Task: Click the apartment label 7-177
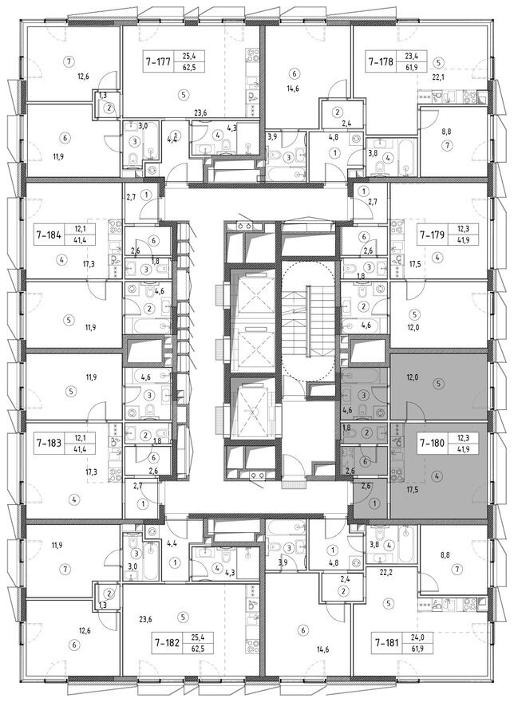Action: [159, 61]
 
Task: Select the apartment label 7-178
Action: [381, 61]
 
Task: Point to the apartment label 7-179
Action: [432, 234]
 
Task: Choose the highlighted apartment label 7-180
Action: [432, 444]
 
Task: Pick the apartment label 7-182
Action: [168, 643]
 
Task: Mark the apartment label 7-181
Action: [388, 643]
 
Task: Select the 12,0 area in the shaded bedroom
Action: [413, 377]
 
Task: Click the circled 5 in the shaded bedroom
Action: [439, 383]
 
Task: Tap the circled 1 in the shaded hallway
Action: [375, 503]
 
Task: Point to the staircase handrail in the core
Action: [308, 320]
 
